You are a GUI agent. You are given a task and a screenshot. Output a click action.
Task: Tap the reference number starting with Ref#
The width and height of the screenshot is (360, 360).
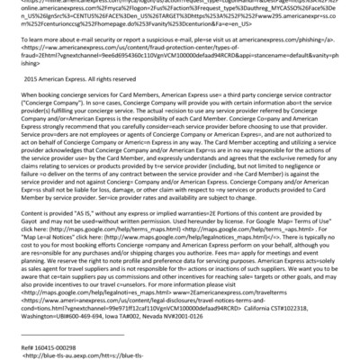pos(45,346)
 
